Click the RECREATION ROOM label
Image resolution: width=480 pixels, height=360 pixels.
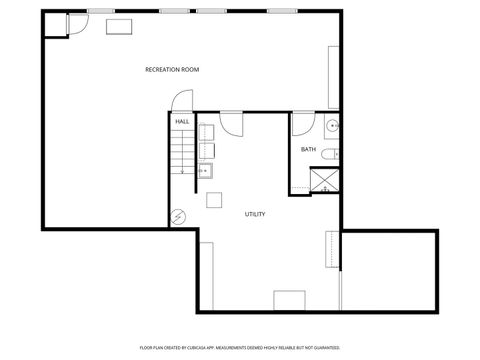[173, 69]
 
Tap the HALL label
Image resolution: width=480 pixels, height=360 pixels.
[182, 121]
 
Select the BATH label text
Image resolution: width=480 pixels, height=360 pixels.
[308, 149]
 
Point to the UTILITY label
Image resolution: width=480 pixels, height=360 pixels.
[255, 214]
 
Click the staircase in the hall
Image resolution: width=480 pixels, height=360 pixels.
[182, 154]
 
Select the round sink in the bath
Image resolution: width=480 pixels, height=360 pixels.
[332, 127]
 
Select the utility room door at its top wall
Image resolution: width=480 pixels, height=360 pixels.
[231, 123]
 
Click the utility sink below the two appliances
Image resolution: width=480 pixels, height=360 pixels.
[205, 171]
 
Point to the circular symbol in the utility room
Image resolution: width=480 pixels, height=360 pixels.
[178, 217]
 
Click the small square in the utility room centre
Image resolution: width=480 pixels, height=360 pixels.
[214, 199]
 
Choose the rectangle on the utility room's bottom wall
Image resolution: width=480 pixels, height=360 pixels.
[289, 300]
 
